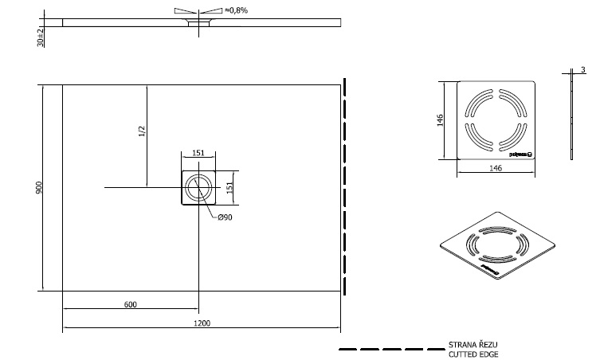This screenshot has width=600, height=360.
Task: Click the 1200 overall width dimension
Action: click(x=202, y=323)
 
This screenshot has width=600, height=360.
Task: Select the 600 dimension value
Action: click(x=130, y=303)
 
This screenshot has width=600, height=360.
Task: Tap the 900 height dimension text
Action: click(x=38, y=187)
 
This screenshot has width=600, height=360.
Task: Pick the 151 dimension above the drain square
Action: click(x=198, y=153)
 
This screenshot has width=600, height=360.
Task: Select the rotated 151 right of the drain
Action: click(x=229, y=187)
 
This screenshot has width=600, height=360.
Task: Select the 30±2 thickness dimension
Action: click(x=41, y=37)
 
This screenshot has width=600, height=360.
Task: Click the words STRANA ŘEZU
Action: click(x=473, y=346)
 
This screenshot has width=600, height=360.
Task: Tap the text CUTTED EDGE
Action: click(x=474, y=354)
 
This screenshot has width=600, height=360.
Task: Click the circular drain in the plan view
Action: click(x=198, y=188)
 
